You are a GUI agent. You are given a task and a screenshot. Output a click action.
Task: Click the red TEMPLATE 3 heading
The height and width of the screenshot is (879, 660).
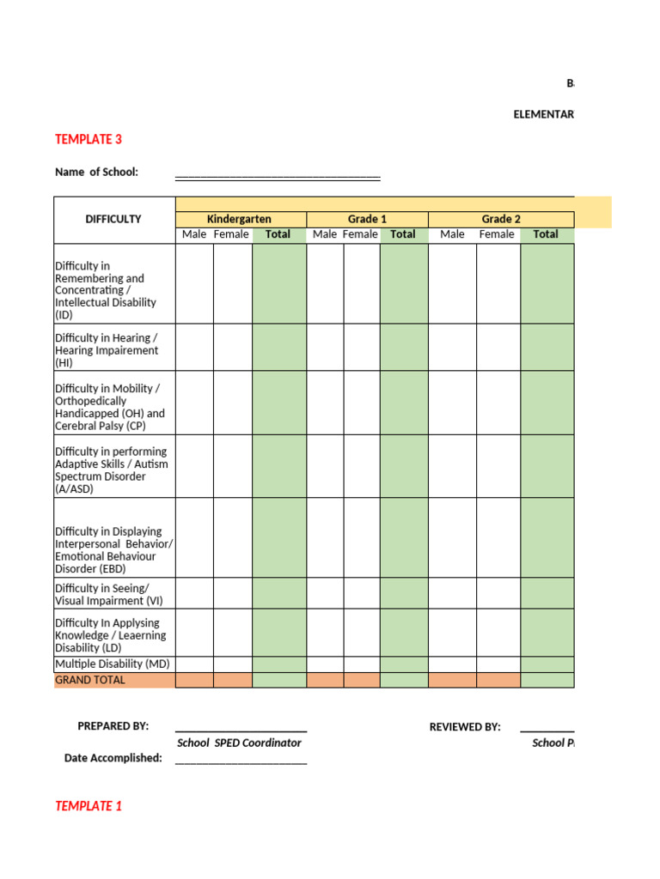pos(88,139)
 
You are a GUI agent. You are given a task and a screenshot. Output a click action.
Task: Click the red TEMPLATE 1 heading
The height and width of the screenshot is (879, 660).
pos(88,806)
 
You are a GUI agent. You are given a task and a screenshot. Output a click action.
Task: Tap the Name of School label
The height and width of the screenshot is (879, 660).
pos(96,172)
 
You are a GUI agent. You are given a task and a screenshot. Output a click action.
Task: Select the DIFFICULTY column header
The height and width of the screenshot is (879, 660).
pos(113,219)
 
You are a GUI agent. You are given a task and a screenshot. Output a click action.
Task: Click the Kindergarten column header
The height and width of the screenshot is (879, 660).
pos(239,219)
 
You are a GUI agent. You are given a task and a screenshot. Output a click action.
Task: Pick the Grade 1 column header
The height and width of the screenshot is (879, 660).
pos(367,219)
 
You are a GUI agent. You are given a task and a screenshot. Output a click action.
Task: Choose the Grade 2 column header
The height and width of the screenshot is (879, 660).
pos(500,219)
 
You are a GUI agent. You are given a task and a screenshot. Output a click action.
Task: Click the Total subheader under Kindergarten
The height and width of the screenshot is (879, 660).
pos(278,234)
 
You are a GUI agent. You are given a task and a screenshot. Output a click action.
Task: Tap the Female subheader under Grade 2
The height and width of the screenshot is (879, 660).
pos(497,234)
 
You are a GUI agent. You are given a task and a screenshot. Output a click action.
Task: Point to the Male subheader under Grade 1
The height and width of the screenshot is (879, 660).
pos(325,234)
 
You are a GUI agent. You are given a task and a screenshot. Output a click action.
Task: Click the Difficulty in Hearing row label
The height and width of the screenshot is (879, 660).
pos(107,350)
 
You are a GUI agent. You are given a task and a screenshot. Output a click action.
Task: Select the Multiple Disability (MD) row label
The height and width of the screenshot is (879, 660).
pos(113,664)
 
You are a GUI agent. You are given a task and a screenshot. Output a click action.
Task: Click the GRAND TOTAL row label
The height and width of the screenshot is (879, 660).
pos(90,680)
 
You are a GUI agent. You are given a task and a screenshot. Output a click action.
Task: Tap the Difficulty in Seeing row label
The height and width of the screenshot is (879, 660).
pos(108,594)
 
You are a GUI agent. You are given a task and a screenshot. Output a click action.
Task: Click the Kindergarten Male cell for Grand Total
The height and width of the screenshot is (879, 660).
pos(194,680)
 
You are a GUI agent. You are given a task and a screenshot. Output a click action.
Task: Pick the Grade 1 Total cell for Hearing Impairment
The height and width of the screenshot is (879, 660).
pos(403,348)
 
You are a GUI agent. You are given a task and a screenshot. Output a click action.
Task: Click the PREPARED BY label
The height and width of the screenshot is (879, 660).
pos(113,726)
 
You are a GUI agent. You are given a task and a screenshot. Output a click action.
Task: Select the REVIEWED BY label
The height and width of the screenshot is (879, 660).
pos(464,727)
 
